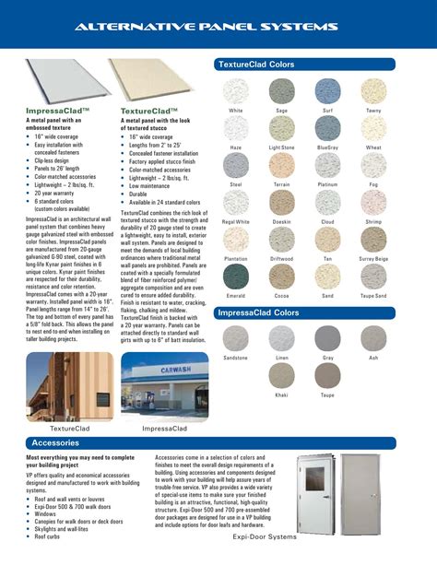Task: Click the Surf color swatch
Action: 328,90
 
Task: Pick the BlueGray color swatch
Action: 328,128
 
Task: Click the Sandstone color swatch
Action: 236,338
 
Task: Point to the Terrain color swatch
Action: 282,165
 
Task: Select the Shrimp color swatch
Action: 373,202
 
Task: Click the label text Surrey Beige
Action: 373,259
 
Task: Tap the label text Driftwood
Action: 282,259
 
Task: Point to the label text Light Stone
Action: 282,147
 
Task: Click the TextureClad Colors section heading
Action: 255,65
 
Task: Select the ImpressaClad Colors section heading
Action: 259,313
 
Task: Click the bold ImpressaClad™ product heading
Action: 57,110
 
